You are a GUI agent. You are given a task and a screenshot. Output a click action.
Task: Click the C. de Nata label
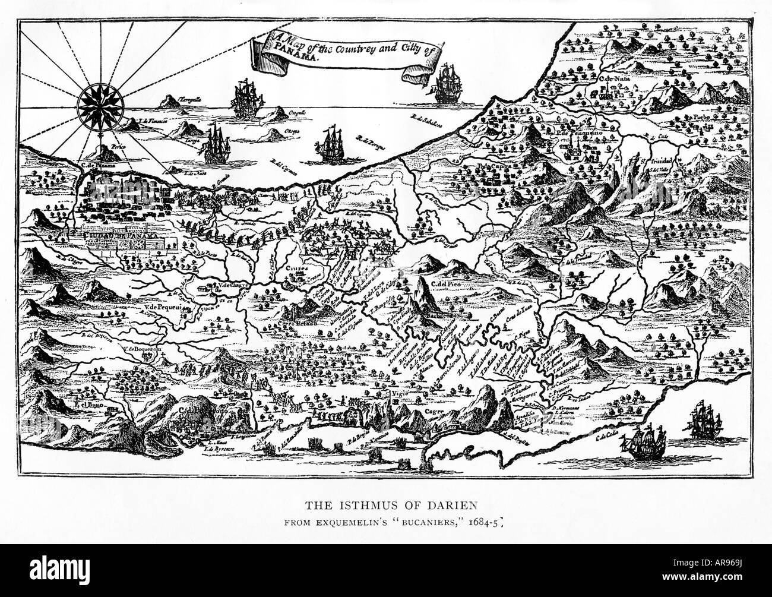(613, 78)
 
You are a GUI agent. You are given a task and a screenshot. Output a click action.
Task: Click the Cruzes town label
(295, 269)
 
